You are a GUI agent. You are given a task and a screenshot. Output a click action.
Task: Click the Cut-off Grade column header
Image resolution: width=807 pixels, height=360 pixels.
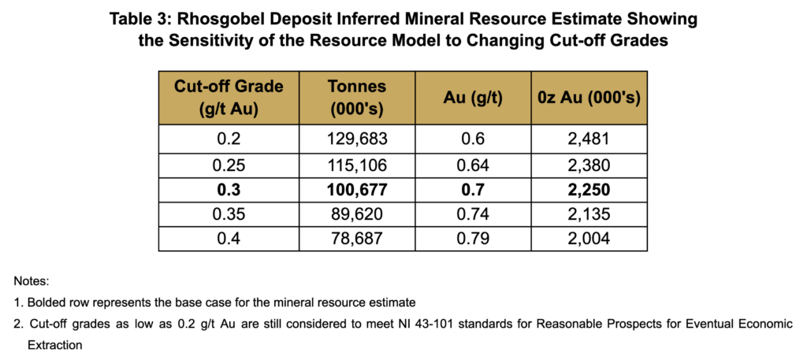pyautogui.click(x=229, y=98)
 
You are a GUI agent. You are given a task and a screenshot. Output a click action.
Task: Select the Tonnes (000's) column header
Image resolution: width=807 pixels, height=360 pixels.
pyautogui.click(x=359, y=98)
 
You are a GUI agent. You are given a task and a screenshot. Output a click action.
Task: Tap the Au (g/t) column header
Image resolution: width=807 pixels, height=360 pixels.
pyautogui.click(x=474, y=98)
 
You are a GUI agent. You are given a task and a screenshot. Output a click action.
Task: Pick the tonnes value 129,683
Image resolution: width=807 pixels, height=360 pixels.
pyautogui.click(x=359, y=139)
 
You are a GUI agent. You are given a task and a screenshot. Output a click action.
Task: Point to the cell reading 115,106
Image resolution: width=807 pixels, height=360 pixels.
pyautogui.click(x=359, y=166)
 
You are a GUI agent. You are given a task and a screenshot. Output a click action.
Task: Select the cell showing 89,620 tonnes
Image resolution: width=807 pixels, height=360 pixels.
pyautogui.click(x=359, y=215)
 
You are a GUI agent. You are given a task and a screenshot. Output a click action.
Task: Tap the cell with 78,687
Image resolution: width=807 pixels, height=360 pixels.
pyautogui.click(x=359, y=239)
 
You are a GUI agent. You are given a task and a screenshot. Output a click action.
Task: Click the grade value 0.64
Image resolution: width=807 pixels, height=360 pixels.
pyautogui.click(x=474, y=166)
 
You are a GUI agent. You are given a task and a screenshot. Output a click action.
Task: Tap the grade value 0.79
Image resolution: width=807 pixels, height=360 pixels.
pyautogui.click(x=474, y=239)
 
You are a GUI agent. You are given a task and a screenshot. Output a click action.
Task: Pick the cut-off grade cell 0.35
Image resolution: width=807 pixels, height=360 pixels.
pyautogui.click(x=229, y=215)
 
